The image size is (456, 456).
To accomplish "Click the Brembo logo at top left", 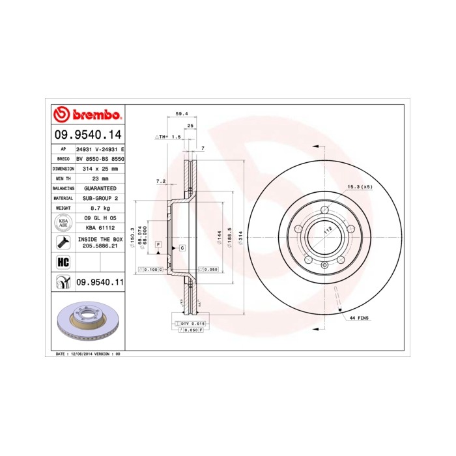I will pyautogui.click(x=87, y=115).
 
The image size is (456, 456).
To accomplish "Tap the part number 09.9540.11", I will pyautogui.click(x=100, y=283).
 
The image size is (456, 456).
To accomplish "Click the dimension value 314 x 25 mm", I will pyautogui.click(x=100, y=168).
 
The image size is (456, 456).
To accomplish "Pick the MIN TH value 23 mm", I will pyautogui.click(x=100, y=178).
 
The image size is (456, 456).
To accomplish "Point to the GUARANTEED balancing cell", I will pyautogui.click(x=100, y=188).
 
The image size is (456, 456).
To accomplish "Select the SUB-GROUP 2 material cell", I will pyautogui.click(x=100, y=197).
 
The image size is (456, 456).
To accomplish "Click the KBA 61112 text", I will pyautogui.click(x=100, y=229).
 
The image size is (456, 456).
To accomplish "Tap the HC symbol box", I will pyautogui.click(x=64, y=262).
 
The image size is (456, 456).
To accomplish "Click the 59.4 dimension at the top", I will pyautogui.click(x=182, y=113).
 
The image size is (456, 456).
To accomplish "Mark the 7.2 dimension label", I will pyautogui.click(x=161, y=181).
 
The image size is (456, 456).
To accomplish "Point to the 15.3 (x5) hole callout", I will pyautogui.click(x=359, y=188).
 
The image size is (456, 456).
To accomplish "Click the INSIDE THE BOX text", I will pyautogui.click(x=100, y=240).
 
